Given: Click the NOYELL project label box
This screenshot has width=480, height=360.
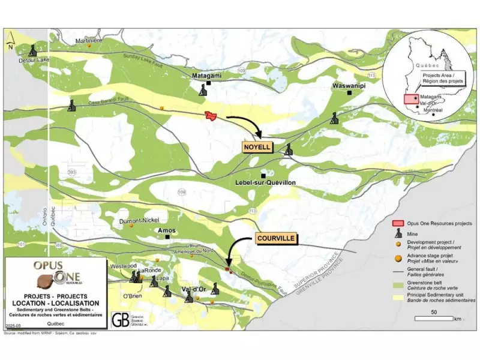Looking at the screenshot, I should pyautogui.click(x=257, y=147).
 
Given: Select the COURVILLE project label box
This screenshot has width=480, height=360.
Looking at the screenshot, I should pyautogui.click(x=275, y=238).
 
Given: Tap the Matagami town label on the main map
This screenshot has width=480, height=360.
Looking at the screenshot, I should pyautogui.click(x=207, y=77).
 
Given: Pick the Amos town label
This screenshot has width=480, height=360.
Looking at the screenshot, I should pyautogui.click(x=166, y=230).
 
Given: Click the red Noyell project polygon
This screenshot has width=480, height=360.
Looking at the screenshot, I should pyautogui.click(x=210, y=115).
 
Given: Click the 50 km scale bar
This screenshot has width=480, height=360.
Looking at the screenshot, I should pyautogui.click(x=433, y=319).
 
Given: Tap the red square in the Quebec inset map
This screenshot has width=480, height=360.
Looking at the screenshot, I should pyautogui.click(x=410, y=100).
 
